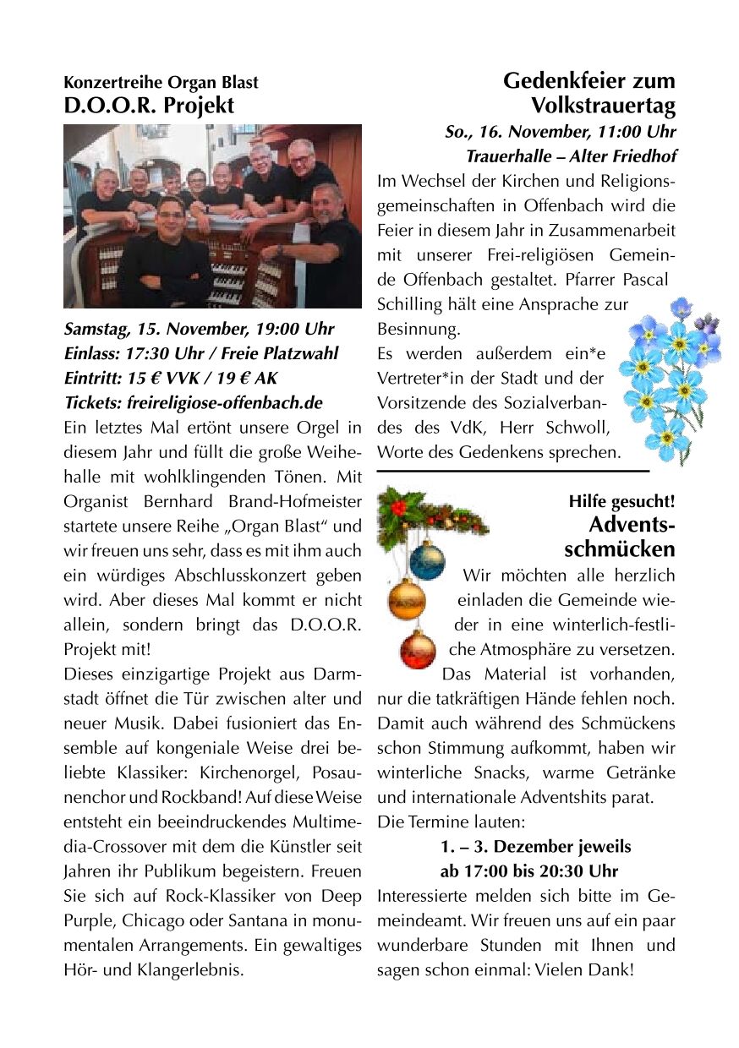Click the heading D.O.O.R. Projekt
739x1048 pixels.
click(149, 106)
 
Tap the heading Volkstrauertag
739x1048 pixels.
click(603, 106)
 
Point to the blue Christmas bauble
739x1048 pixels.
click(426, 558)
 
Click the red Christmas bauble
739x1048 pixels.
click(417, 648)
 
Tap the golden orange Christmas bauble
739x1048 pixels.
click(407, 598)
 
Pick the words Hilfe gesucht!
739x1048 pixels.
click(621, 501)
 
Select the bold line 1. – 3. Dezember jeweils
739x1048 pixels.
click(535, 846)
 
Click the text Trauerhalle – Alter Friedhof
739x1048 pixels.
click(571, 156)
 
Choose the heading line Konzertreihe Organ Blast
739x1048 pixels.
click(161, 83)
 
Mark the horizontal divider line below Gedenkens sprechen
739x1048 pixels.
click(512, 470)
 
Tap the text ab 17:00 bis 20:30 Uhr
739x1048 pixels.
click(528, 871)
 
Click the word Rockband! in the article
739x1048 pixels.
click(167, 797)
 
